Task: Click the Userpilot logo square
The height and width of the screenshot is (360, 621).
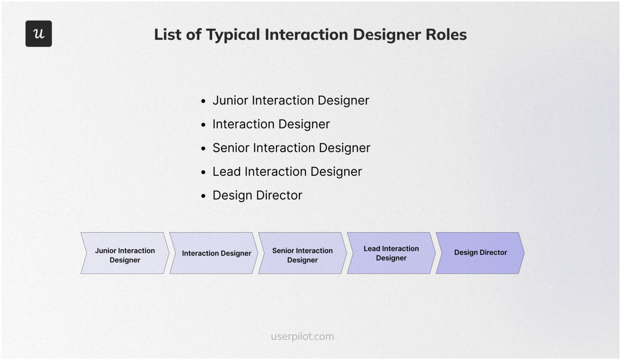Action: click(x=38, y=34)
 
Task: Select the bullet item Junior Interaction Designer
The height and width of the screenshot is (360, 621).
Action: click(x=291, y=100)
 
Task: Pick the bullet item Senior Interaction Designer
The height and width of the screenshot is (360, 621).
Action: click(x=291, y=148)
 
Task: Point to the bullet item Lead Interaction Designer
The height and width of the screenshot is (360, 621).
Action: click(x=287, y=172)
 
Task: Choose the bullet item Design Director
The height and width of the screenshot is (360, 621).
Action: click(x=257, y=196)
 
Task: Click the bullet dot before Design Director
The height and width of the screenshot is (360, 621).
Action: click(x=203, y=196)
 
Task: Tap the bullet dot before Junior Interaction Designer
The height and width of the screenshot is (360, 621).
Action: click(x=203, y=101)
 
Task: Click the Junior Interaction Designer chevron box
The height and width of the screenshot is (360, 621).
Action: click(x=125, y=253)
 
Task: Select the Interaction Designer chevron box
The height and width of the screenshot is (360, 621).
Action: click(x=214, y=253)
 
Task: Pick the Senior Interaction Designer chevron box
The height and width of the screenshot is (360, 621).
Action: click(x=302, y=253)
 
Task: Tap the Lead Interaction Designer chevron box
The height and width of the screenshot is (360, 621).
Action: click(x=391, y=253)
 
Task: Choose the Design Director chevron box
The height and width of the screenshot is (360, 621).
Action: click(x=480, y=253)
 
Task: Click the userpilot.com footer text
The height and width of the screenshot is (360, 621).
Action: click(x=302, y=336)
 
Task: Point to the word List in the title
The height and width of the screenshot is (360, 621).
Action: click(x=168, y=34)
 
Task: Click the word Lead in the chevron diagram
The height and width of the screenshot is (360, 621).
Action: click(x=372, y=249)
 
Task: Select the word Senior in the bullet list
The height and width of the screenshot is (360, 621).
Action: click(x=231, y=148)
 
